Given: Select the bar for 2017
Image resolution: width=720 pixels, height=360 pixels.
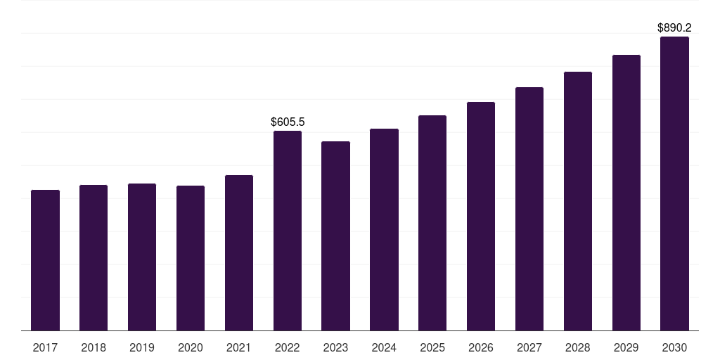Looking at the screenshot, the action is point(45,260).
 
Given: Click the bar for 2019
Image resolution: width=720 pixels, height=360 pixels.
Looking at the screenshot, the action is point(142,257).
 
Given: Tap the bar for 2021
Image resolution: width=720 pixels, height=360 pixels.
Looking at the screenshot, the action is point(239,253).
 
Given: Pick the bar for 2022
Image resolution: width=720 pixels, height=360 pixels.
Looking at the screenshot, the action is point(288,231).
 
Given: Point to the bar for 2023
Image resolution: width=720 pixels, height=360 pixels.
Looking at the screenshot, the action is point(335,236).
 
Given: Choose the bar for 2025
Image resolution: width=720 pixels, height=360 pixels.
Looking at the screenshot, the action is point(432,223).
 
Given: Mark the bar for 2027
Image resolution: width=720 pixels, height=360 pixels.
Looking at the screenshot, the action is point(529,209).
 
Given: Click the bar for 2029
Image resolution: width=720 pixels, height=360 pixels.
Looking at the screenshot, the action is point(626,193).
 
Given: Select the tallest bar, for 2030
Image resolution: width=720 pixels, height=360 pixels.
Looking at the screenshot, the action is point(674,184).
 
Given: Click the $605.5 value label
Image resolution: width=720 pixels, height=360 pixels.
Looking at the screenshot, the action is point(288,122).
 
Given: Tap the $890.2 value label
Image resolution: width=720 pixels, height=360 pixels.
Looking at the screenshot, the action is point(674,27).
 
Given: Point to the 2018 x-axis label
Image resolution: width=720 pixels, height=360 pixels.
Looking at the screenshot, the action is point(94,347).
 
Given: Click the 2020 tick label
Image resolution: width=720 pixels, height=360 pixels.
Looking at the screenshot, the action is point(191,347).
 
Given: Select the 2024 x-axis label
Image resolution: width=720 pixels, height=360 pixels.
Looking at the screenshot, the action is point(384,347).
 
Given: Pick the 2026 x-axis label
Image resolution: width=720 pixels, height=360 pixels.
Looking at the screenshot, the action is point(481,347).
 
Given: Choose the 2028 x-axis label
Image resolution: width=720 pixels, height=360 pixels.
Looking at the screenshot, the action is point(578,347).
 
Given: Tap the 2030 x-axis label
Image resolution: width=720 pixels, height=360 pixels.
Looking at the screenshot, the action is point(674,347).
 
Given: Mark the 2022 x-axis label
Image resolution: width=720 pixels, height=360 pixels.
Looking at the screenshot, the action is point(288,347).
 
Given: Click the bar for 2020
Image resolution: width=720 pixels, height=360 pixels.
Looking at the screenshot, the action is point(191,259).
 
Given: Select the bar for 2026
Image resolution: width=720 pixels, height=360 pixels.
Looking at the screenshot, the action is point(481,217).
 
